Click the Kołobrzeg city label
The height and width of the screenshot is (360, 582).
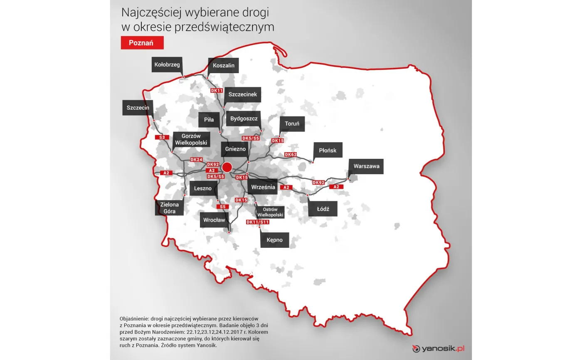167,65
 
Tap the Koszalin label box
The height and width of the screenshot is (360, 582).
224,66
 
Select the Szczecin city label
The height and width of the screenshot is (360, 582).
138,107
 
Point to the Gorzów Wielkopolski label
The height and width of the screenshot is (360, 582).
191,139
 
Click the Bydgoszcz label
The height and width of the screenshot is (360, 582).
244,119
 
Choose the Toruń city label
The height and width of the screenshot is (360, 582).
292,123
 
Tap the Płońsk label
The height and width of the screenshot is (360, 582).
328,150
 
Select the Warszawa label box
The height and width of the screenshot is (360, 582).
366,166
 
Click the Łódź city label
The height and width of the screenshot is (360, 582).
323,209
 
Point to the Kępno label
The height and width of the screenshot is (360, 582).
275,240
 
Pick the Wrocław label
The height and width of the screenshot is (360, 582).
215,219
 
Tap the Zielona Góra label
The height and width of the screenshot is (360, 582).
169,208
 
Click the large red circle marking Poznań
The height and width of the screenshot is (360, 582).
227,168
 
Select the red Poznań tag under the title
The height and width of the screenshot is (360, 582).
142,43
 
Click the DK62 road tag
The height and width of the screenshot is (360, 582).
291,155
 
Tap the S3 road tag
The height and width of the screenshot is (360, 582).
162,137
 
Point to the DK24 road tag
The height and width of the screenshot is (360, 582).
196,160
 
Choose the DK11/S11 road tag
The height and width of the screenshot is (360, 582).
258,222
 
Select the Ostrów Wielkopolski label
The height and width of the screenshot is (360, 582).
271,212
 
